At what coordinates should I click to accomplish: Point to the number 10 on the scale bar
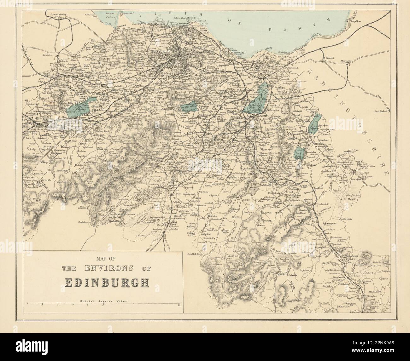[179, 305]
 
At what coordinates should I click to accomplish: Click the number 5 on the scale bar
[103, 305]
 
